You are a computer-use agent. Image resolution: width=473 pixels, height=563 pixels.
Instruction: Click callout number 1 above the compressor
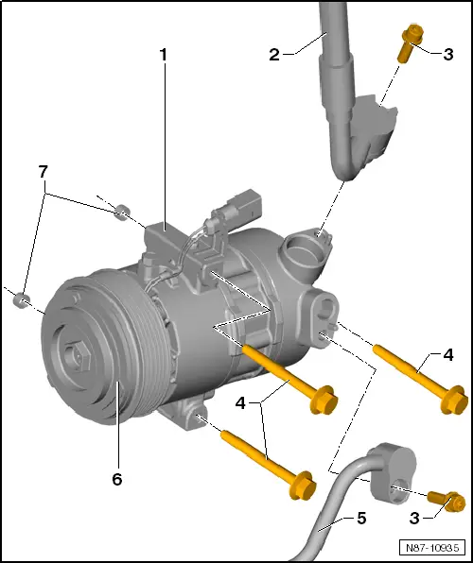point(163,56)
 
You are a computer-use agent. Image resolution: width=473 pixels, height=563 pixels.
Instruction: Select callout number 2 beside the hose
point(275,56)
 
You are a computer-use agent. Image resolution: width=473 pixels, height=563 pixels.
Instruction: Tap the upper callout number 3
point(447,54)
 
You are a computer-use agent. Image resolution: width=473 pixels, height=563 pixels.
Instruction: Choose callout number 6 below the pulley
point(117,479)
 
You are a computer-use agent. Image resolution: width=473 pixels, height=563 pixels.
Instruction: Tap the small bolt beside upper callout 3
point(410,43)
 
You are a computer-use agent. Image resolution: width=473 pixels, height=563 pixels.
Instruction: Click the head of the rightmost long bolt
point(454,400)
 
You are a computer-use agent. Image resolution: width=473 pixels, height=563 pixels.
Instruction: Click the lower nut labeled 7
point(24,301)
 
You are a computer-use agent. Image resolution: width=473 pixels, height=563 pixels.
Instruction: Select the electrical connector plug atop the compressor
point(232,205)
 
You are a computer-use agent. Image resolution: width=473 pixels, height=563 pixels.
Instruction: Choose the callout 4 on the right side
point(448,355)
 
